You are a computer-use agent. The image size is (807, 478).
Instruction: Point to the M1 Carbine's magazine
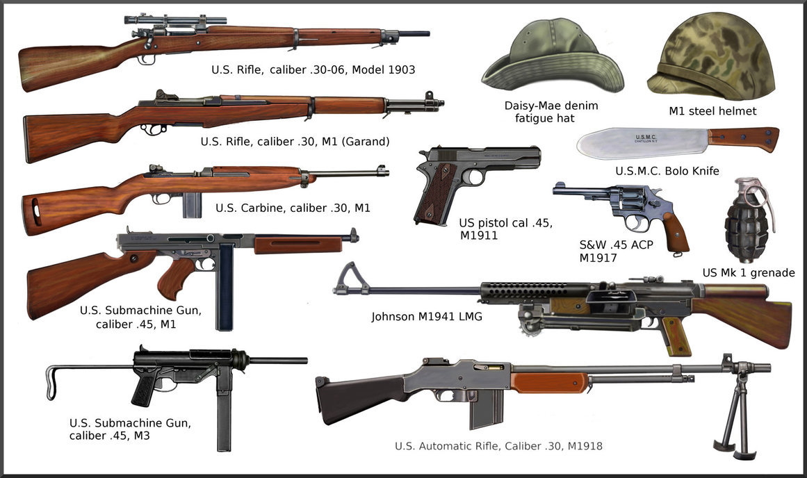(193, 204)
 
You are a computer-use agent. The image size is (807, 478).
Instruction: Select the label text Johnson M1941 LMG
(426, 317)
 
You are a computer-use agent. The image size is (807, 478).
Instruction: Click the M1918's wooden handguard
(549, 381)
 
